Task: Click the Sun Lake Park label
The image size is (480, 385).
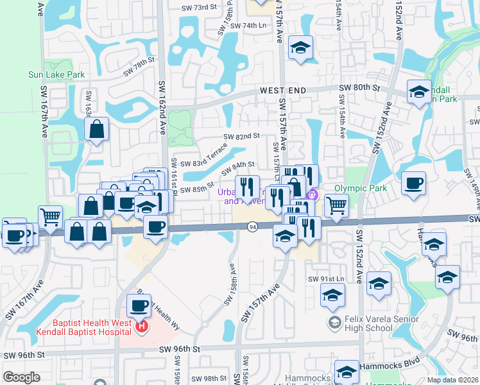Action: click(56, 74)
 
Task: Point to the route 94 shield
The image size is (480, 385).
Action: click(252, 227)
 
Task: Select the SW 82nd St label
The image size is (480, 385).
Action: click(241, 136)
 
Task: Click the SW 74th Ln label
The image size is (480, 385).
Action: click(248, 26)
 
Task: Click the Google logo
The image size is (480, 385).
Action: click(21, 377)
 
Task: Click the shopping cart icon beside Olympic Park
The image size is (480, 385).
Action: click(336, 205)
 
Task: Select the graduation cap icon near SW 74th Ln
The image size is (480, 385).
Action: click(300, 48)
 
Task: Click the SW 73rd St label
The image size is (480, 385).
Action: click(214, 6)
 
